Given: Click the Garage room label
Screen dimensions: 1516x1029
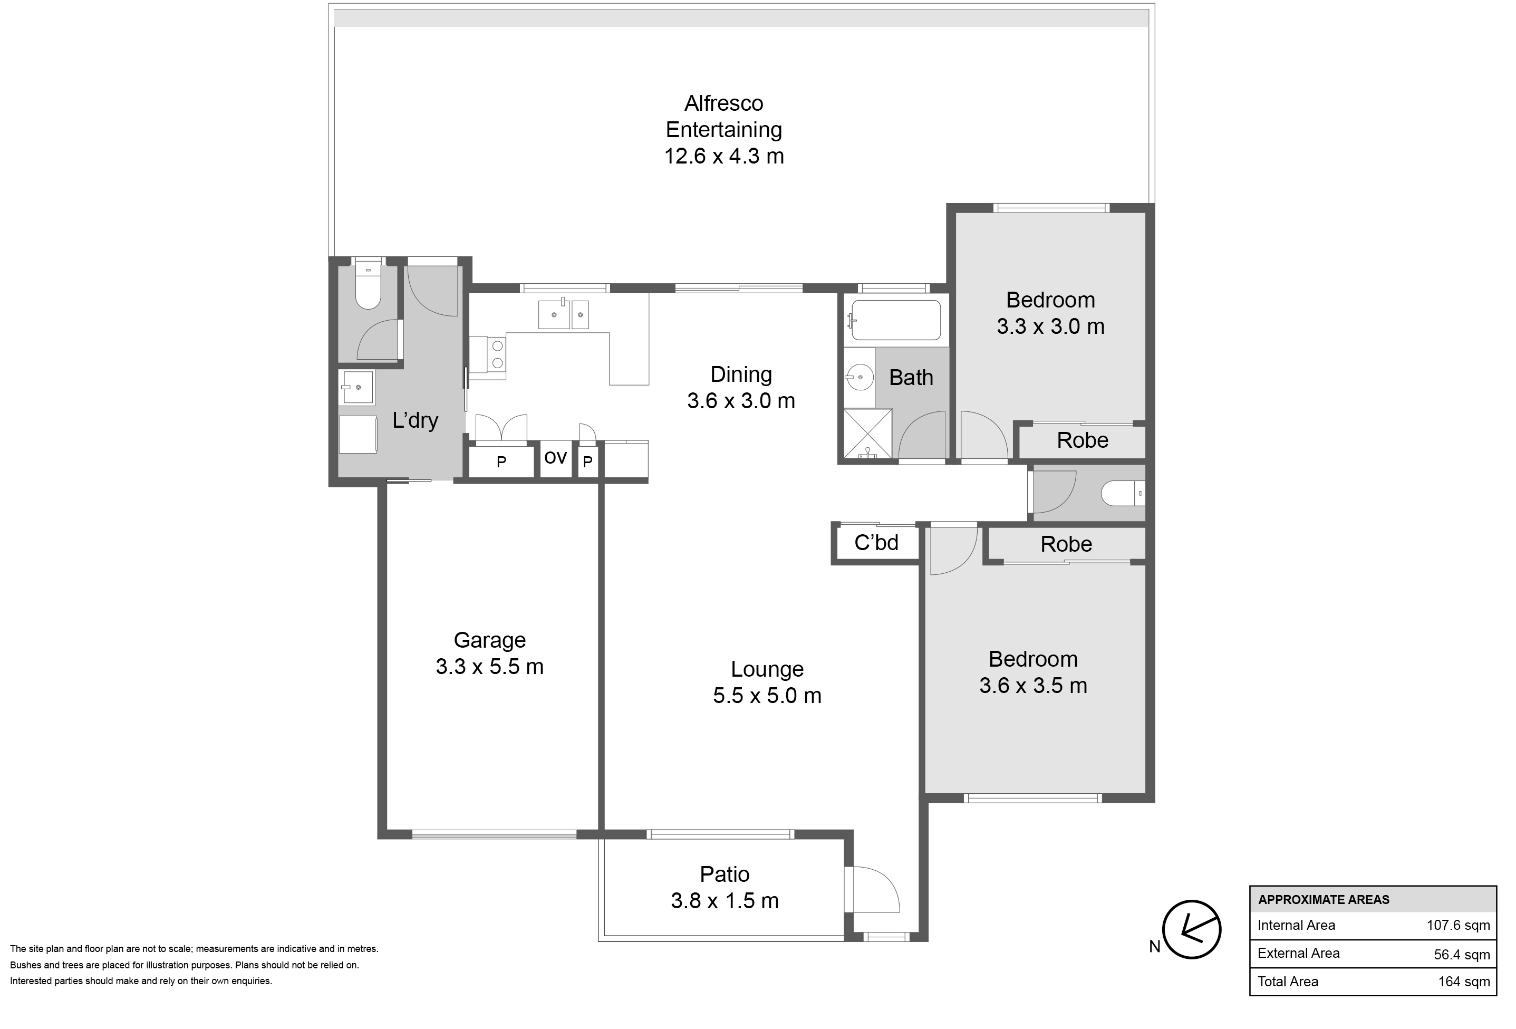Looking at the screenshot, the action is (x=489, y=640).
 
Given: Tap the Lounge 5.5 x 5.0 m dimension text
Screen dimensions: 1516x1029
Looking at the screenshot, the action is (x=767, y=696).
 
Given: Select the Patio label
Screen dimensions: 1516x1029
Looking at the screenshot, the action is (x=725, y=874).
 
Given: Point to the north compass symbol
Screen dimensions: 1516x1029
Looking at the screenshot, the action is (x=1192, y=930).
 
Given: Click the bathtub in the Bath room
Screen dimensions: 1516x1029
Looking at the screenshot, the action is (x=896, y=320).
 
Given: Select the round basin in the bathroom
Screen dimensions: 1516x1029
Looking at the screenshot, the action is (x=861, y=377).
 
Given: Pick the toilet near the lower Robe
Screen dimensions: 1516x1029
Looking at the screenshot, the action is (x=1123, y=493).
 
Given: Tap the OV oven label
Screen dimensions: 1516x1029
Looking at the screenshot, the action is (x=555, y=458).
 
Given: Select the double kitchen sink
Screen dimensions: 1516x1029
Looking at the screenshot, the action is (x=564, y=314).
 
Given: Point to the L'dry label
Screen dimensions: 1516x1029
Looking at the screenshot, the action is (x=415, y=420).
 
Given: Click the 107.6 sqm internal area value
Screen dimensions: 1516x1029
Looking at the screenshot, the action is (x=1458, y=925).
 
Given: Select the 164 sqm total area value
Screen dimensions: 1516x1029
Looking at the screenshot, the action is (x=1464, y=982).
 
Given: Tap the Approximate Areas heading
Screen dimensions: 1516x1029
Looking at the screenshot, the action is (x=1324, y=900).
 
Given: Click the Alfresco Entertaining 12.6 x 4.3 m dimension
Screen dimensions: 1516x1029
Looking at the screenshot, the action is (x=724, y=157).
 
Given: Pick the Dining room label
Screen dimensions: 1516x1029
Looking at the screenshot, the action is (x=741, y=374).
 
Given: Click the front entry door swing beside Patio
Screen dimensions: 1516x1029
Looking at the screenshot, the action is (x=874, y=889).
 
